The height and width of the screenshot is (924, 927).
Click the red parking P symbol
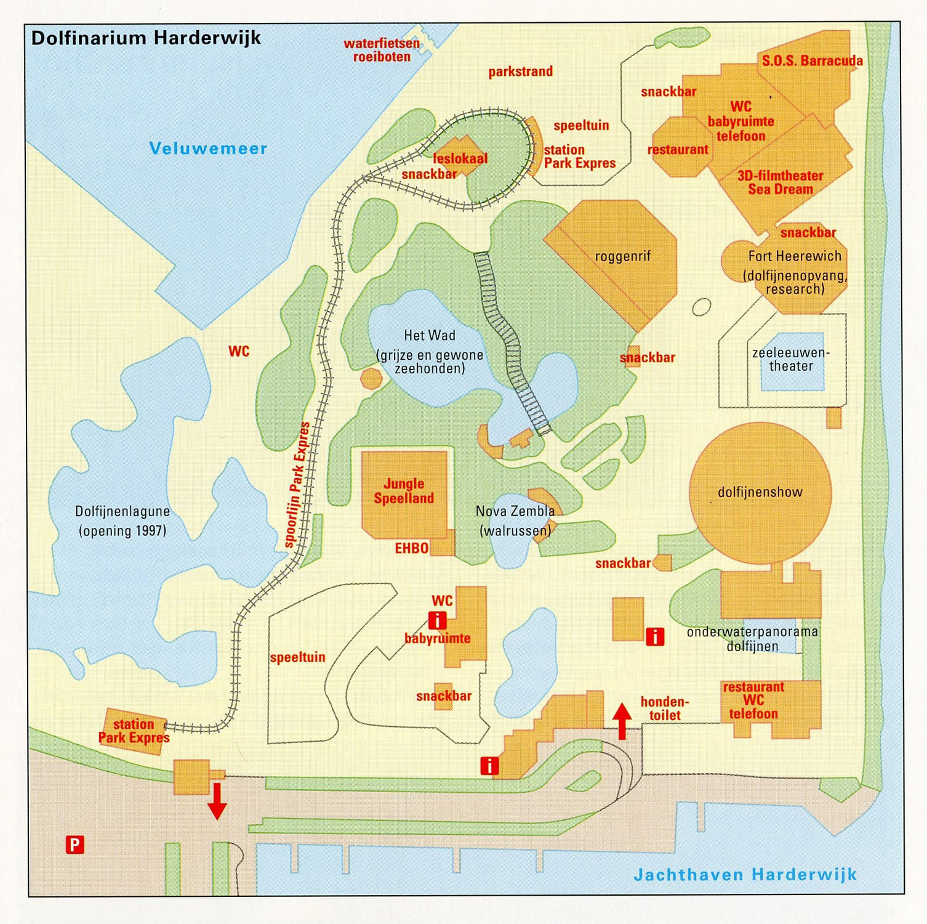click(x=74, y=845)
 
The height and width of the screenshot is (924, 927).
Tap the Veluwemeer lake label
click(x=208, y=148)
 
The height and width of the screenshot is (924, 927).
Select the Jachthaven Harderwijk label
click(x=745, y=875)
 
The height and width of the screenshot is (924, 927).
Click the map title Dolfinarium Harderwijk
click(x=146, y=38)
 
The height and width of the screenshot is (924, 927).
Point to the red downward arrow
click(x=217, y=801)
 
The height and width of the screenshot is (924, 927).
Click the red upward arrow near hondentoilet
click(x=622, y=721)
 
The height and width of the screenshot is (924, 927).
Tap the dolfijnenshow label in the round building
click(x=760, y=492)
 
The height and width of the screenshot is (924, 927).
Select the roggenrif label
click(x=622, y=256)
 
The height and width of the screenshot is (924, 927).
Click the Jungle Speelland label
click(x=404, y=491)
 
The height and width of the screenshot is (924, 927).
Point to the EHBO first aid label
click(x=411, y=548)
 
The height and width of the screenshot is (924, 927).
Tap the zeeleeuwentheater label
click(x=791, y=360)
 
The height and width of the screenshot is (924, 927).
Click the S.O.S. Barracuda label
click(x=812, y=61)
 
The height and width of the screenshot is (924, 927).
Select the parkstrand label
click(x=520, y=71)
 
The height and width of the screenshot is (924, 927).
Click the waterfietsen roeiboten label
click(x=382, y=50)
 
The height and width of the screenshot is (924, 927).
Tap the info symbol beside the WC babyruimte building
click(x=437, y=620)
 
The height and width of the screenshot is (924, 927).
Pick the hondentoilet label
click(x=665, y=708)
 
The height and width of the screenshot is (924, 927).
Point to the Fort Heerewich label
click(x=794, y=256)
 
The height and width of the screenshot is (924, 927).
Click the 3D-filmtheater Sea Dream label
click(x=780, y=182)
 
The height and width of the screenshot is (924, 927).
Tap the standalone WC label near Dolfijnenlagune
click(x=239, y=351)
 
